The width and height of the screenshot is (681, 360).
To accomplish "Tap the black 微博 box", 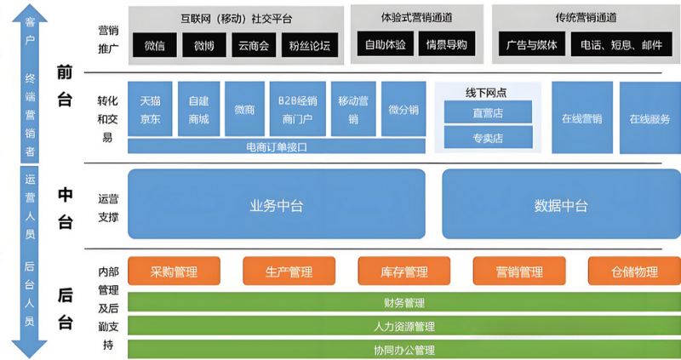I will (x=203, y=45).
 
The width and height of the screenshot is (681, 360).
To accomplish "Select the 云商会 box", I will (x=253, y=45).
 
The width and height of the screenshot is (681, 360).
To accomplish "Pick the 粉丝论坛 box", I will (x=309, y=45).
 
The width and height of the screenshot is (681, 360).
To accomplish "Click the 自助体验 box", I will (x=386, y=45).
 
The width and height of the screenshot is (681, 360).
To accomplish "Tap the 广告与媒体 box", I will (x=528, y=45).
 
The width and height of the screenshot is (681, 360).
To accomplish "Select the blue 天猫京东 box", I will (x=150, y=110).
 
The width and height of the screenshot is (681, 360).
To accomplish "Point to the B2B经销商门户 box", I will (x=297, y=110).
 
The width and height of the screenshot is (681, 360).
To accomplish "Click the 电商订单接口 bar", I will (x=276, y=146).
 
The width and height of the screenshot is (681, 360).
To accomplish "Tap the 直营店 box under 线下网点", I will (x=488, y=111).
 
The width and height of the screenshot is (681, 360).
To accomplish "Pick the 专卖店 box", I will (x=488, y=137).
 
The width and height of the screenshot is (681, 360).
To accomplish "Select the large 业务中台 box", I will (x=276, y=204).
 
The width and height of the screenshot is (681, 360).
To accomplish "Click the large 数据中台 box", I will (x=561, y=204).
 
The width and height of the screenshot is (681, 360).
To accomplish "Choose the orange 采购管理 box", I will (x=174, y=271).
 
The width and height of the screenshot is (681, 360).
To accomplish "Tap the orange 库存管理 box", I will (x=404, y=271).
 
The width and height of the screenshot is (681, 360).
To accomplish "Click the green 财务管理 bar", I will (x=404, y=302).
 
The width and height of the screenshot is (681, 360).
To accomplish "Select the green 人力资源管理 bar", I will (x=404, y=326).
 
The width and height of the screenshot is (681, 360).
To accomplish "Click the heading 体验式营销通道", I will (x=416, y=17).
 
